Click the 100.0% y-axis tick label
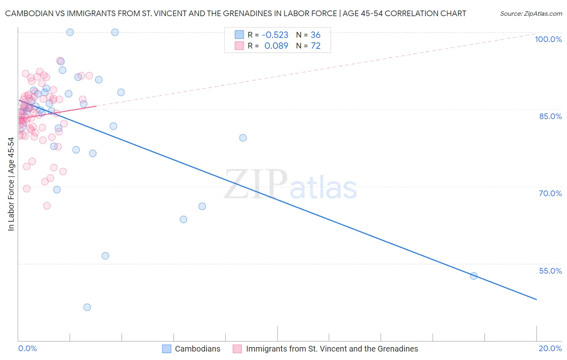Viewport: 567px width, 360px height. (x=548, y=39)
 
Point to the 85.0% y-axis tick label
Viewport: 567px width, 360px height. (x=550, y=116)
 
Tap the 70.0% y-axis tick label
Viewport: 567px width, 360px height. (x=550, y=193)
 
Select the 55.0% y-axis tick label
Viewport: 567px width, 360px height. (x=550, y=271)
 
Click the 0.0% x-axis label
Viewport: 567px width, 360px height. (x=27, y=348)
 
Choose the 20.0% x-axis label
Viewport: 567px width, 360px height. (x=550, y=348)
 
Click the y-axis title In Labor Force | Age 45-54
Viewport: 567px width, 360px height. (x=11, y=184)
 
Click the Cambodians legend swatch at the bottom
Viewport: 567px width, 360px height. (x=167, y=349)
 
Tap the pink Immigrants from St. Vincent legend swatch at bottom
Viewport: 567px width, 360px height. (x=238, y=349)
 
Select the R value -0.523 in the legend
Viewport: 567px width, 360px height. (x=275, y=35)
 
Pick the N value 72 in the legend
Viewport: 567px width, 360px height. (x=315, y=46)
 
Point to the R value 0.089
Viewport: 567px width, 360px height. (x=276, y=46)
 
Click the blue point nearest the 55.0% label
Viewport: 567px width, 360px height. (x=474, y=276)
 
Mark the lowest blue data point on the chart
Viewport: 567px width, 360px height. (x=87, y=307)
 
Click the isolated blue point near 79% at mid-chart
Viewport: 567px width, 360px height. (x=243, y=138)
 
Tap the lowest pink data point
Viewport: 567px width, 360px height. (x=47, y=206)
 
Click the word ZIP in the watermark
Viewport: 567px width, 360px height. (x=255, y=184)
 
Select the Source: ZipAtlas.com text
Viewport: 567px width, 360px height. (x=531, y=14)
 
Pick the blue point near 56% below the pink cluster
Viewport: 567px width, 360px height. (x=105, y=256)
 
